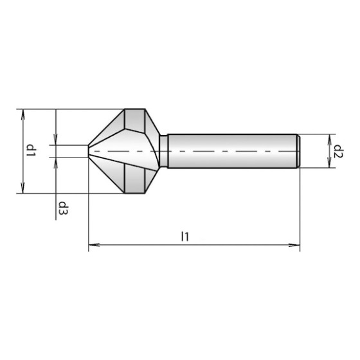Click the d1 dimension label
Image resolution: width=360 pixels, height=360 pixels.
pos(31,150)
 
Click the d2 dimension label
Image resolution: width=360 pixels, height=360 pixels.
pos(338,151)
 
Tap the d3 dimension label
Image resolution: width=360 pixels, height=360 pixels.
pos(63,208)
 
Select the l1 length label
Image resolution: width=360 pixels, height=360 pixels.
pos(185,237)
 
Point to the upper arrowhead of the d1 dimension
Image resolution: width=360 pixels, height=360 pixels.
pos(22,114)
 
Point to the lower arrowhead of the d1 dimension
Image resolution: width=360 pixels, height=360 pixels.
pos(22,188)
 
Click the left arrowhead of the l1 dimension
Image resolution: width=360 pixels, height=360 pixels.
pos(94,245)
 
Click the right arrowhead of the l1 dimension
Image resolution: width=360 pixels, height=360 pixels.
pos(294,245)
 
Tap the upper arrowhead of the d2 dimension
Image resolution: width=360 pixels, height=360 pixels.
pos(329,139)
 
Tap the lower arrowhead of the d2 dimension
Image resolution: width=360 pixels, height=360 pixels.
pos(329,163)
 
